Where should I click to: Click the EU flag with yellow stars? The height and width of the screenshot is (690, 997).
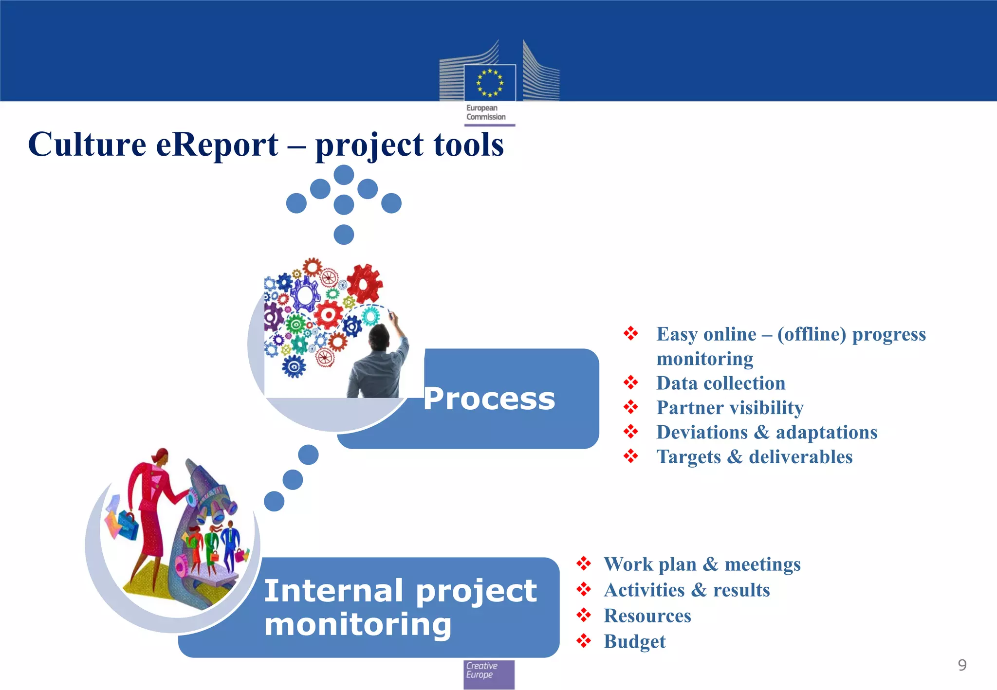[490, 83]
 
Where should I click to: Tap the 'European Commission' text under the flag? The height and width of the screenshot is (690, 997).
[485, 112]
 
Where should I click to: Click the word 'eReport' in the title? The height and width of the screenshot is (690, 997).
[217, 145]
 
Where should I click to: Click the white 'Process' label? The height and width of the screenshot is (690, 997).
[489, 399]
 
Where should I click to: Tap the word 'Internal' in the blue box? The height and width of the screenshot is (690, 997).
[333, 591]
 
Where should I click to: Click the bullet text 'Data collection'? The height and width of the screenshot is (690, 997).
[720, 383]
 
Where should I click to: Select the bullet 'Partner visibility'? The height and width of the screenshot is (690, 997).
[730, 408]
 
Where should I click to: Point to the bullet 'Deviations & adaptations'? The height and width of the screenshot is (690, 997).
[767, 432]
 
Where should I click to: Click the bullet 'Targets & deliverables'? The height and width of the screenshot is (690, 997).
[754, 457]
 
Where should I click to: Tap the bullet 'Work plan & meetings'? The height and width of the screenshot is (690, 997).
[702, 564]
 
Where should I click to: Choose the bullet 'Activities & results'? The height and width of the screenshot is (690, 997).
[686, 590]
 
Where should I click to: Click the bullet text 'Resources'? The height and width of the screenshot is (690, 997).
[647, 616]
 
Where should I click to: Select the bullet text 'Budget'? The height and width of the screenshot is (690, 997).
[634, 641]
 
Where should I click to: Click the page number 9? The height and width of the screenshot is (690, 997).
[962, 665]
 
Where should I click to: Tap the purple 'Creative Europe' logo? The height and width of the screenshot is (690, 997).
[489, 674]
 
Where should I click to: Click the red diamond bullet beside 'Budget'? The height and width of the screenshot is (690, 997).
[583, 641]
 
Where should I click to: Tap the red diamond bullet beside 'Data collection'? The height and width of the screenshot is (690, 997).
[631, 382]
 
